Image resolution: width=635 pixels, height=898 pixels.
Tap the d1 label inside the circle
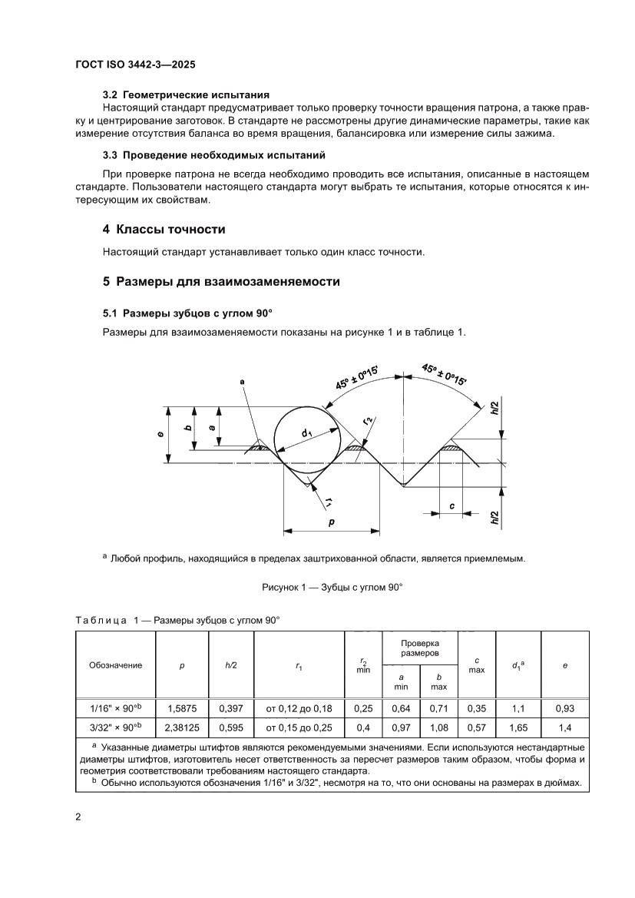[307, 434]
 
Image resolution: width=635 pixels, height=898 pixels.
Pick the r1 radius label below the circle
[329, 502]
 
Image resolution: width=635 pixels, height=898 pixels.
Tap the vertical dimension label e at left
[160, 435]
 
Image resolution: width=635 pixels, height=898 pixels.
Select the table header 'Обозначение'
[116, 665]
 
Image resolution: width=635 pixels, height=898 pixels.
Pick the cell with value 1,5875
[182, 709]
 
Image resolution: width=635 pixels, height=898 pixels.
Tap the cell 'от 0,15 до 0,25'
[299, 727]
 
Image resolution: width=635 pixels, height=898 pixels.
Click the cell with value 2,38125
[182, 727]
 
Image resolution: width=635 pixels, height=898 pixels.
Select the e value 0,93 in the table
[565, 709]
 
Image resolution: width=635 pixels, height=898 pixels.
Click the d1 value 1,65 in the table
[518, 727]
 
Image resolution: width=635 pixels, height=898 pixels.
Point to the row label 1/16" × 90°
[116, 709]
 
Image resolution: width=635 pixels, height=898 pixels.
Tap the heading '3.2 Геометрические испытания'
[186, 95]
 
